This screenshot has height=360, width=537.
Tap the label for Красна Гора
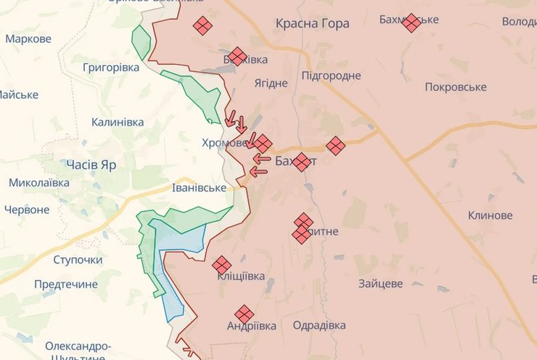click(312, 24)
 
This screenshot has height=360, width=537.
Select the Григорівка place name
click(111, 67)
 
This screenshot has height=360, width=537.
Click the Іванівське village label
click(199, 188)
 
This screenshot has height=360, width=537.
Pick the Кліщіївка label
click(241, 277)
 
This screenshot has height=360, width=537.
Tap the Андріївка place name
click(251, 327)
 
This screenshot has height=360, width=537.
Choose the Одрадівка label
click(319, 326)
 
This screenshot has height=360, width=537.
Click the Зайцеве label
click(380, 285)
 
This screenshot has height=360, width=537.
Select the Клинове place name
click(490, 216)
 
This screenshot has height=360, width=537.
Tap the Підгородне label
click(331, 75)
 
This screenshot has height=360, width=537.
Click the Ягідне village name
click(271, 83)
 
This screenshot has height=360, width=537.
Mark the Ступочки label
click(78, 260)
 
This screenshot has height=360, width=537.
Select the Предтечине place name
click(66, 285)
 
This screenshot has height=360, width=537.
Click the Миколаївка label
click(39, 183)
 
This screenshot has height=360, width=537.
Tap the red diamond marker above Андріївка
click(245, 314)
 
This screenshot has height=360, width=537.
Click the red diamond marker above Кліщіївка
click(221, 265)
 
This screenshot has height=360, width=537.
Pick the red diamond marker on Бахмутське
click(411, 22)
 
